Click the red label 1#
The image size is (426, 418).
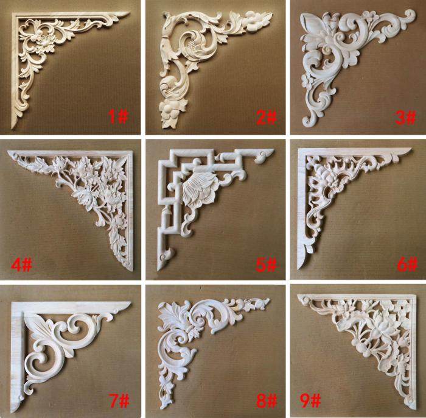118,116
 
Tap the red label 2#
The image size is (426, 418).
267,118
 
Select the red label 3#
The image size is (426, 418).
405,118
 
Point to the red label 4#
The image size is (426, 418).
22,264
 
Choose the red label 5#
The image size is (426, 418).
266,264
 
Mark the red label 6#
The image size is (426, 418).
407,264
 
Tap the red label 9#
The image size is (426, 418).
310,400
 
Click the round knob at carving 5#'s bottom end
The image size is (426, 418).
164,256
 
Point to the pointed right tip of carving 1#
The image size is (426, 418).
129,13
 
